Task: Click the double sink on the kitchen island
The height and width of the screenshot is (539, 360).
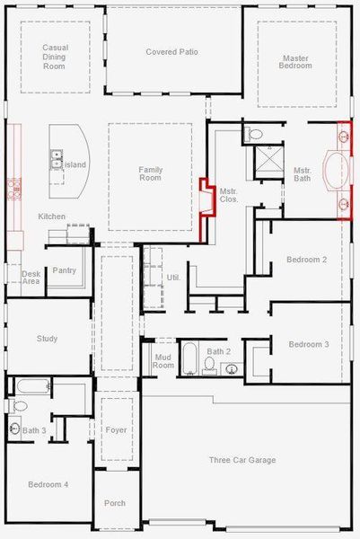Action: (x=56, y=163)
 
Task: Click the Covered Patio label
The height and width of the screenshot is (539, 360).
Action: (x=172, y=52)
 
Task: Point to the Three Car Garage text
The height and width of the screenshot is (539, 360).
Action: (x=242, y=460)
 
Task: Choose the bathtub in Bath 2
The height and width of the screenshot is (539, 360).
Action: (x=190, y=359)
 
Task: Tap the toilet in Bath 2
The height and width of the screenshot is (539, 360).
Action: (x=209, y=365)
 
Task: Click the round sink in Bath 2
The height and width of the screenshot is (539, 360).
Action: (x=232, y=368)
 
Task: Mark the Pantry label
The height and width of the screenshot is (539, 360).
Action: (x=64, y=270)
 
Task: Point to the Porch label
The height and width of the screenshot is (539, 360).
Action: (x=115, y=503)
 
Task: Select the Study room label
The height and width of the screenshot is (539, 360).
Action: (x=47, y=339)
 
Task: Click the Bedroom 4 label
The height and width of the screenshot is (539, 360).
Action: (x=48, y=484)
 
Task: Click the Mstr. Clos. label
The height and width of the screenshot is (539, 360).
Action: (x=229, y=195)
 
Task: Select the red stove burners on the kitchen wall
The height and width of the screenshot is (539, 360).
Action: (x=13, y=188)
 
